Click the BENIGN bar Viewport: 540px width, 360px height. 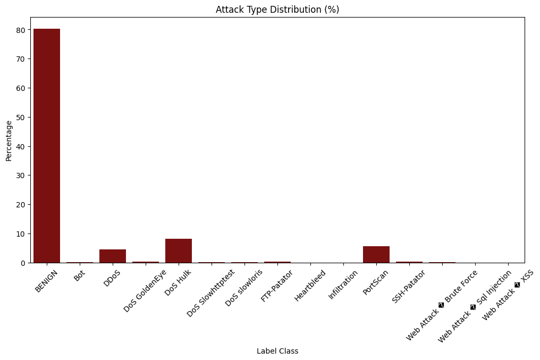[47, 146]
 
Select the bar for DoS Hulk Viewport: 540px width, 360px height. [179, 250]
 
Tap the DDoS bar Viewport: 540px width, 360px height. [113, 256]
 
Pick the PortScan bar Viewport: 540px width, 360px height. [376, 254]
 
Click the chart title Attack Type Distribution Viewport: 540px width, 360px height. [277, 10]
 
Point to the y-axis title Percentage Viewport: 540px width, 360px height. [9, 140]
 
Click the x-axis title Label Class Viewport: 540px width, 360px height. [277, 351]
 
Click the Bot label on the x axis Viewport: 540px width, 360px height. [79, 276]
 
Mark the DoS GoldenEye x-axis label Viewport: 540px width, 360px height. [145, 290]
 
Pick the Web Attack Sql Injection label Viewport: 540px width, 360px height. [475, 306]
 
